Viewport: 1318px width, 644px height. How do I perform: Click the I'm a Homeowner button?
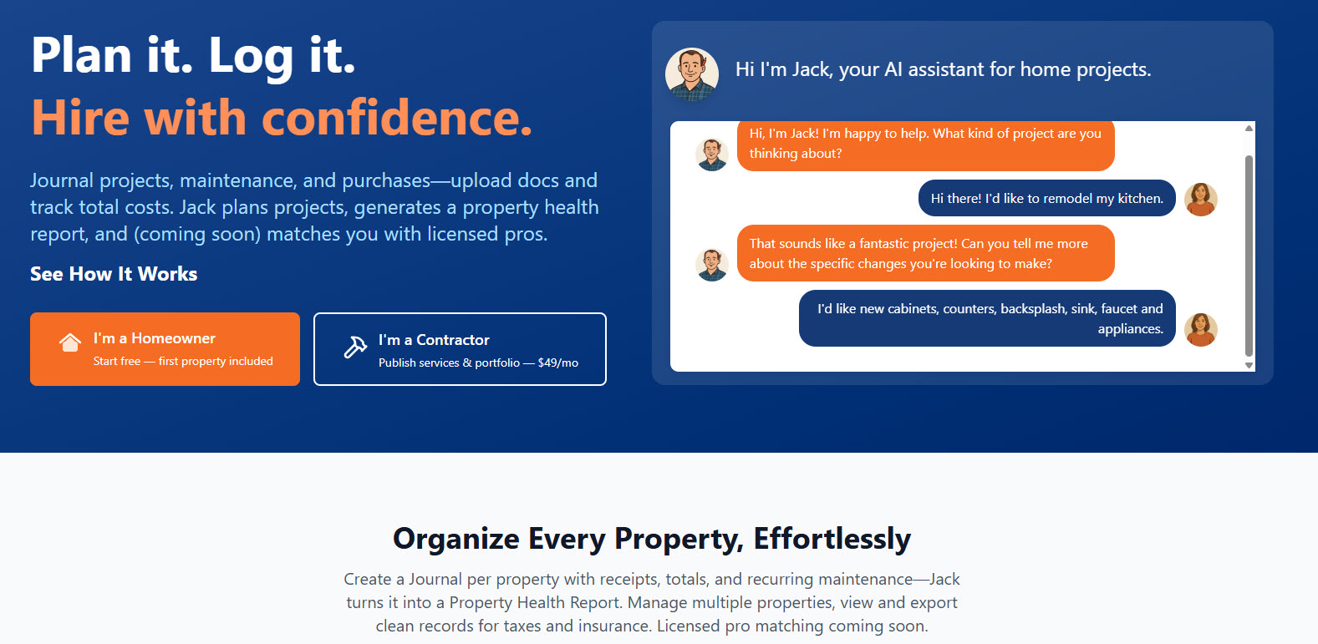pos(165,349)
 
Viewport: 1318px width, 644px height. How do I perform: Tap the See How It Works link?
pos(114,274)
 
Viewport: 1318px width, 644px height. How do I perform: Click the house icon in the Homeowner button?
pos(70,342)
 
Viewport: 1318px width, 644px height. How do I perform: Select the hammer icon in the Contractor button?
pos(355,347)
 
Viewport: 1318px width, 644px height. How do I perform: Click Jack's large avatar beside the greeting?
pos(691,74)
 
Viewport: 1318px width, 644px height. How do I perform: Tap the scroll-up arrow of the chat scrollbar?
pos(1249,128)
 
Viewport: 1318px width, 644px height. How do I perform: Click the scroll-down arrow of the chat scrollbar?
pos(1249,365)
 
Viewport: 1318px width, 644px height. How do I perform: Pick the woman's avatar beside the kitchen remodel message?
pos(1200,200)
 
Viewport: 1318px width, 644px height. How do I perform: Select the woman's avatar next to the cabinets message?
pos(1200,329)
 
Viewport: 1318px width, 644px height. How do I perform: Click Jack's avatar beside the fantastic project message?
pos(712,265)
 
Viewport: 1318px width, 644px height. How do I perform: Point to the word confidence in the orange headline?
pos(397,118)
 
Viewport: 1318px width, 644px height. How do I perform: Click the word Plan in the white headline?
pos(82,54)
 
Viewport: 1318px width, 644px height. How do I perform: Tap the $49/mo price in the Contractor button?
pos(557,363)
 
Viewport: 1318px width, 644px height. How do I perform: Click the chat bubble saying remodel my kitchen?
pos(1046,198)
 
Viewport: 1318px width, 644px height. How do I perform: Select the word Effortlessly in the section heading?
pos(832,539)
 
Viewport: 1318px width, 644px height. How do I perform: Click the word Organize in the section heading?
pos(456,539)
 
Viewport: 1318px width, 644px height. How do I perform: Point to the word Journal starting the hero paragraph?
pos(62,180)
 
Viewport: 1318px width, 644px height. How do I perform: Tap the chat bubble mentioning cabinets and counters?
pos(987,318)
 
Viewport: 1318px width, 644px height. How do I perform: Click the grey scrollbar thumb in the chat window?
pos(1249,256)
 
